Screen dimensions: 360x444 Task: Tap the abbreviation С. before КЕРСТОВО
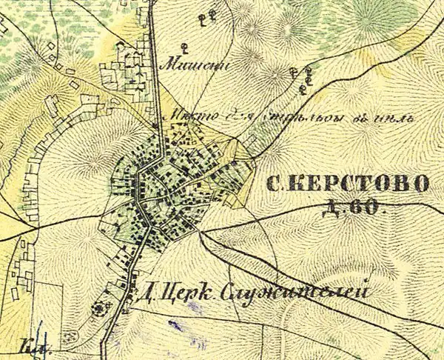(x=274, y=184)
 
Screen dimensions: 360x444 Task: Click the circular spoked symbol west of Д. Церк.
(x=98, y=308)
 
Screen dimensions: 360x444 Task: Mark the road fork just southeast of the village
(x=204, y=231)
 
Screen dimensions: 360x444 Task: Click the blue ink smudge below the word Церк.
(x=175, y=324)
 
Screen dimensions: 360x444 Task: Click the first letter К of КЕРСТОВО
(x=295, y=184)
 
